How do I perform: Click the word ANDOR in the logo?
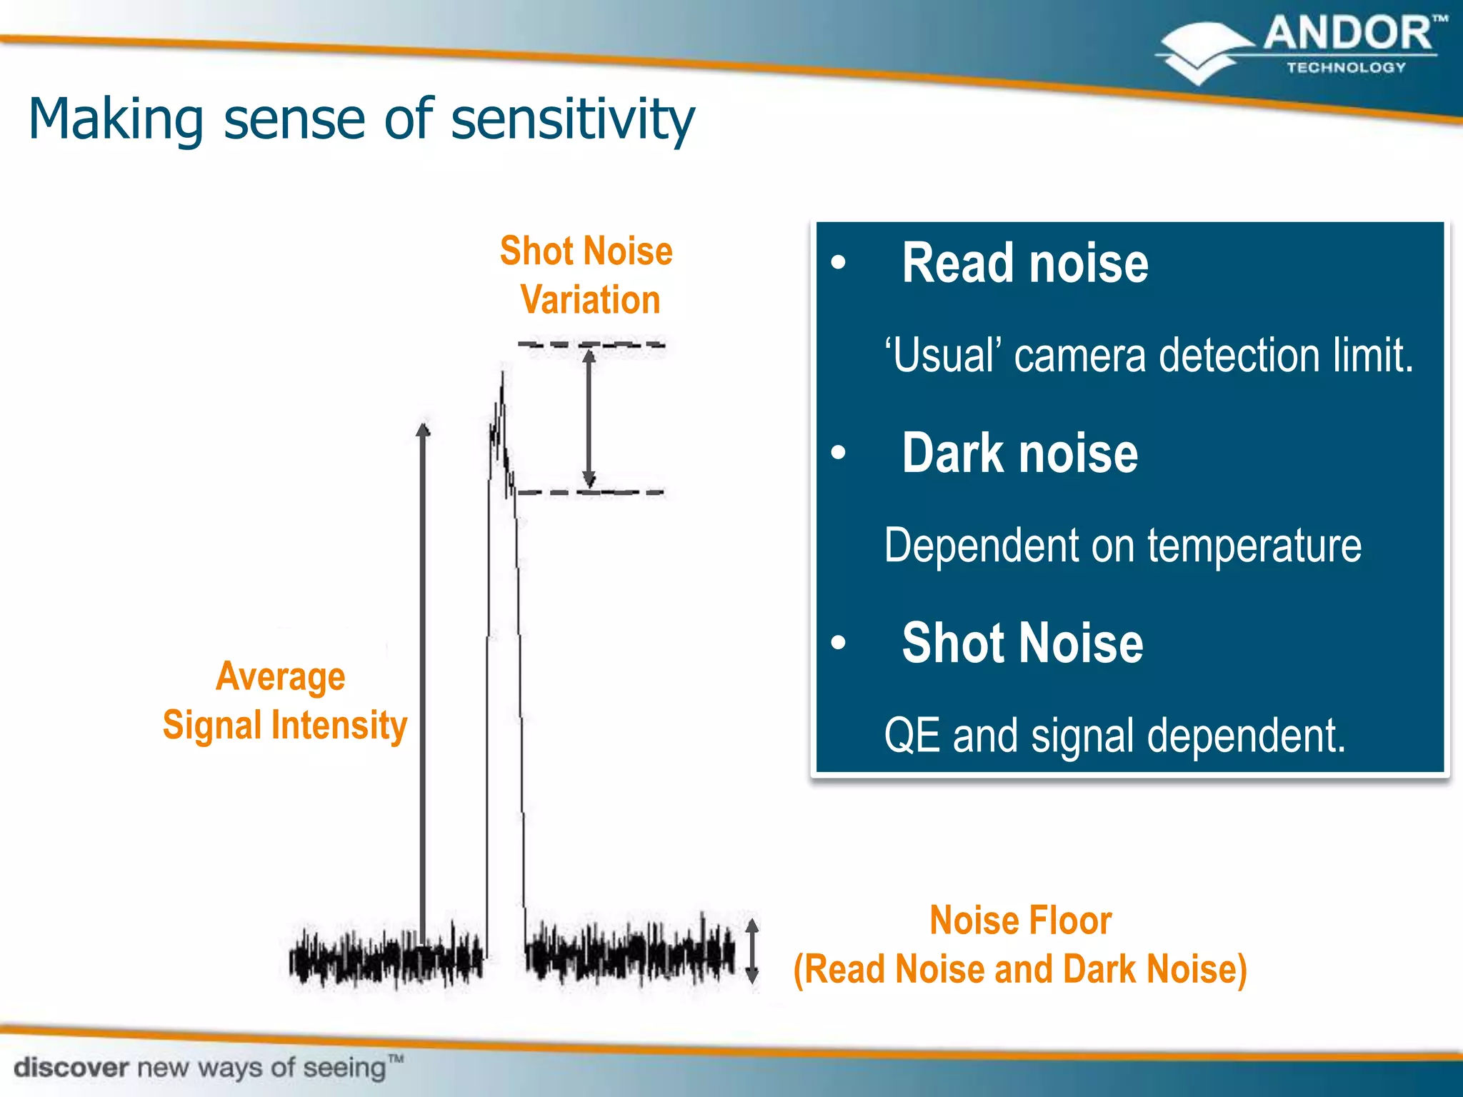tap(1347, 34)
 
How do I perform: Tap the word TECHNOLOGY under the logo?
tap(1346, 68)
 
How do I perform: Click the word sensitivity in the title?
tap(572, 119)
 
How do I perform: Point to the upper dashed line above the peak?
tap(629, 345)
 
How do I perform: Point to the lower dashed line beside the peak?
tap(629, 492)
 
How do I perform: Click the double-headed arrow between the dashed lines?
tap(589, 419)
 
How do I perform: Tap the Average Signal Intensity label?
tap(284, 701)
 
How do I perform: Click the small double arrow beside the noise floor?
tap(752, 951)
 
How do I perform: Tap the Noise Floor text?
tap(1020, 920)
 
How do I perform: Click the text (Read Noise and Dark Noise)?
tap(1020, 970)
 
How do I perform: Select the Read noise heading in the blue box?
tap(1024, 264)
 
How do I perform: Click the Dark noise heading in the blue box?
tap(1019, 454)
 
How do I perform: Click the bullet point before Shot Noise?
tap(839, 642)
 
